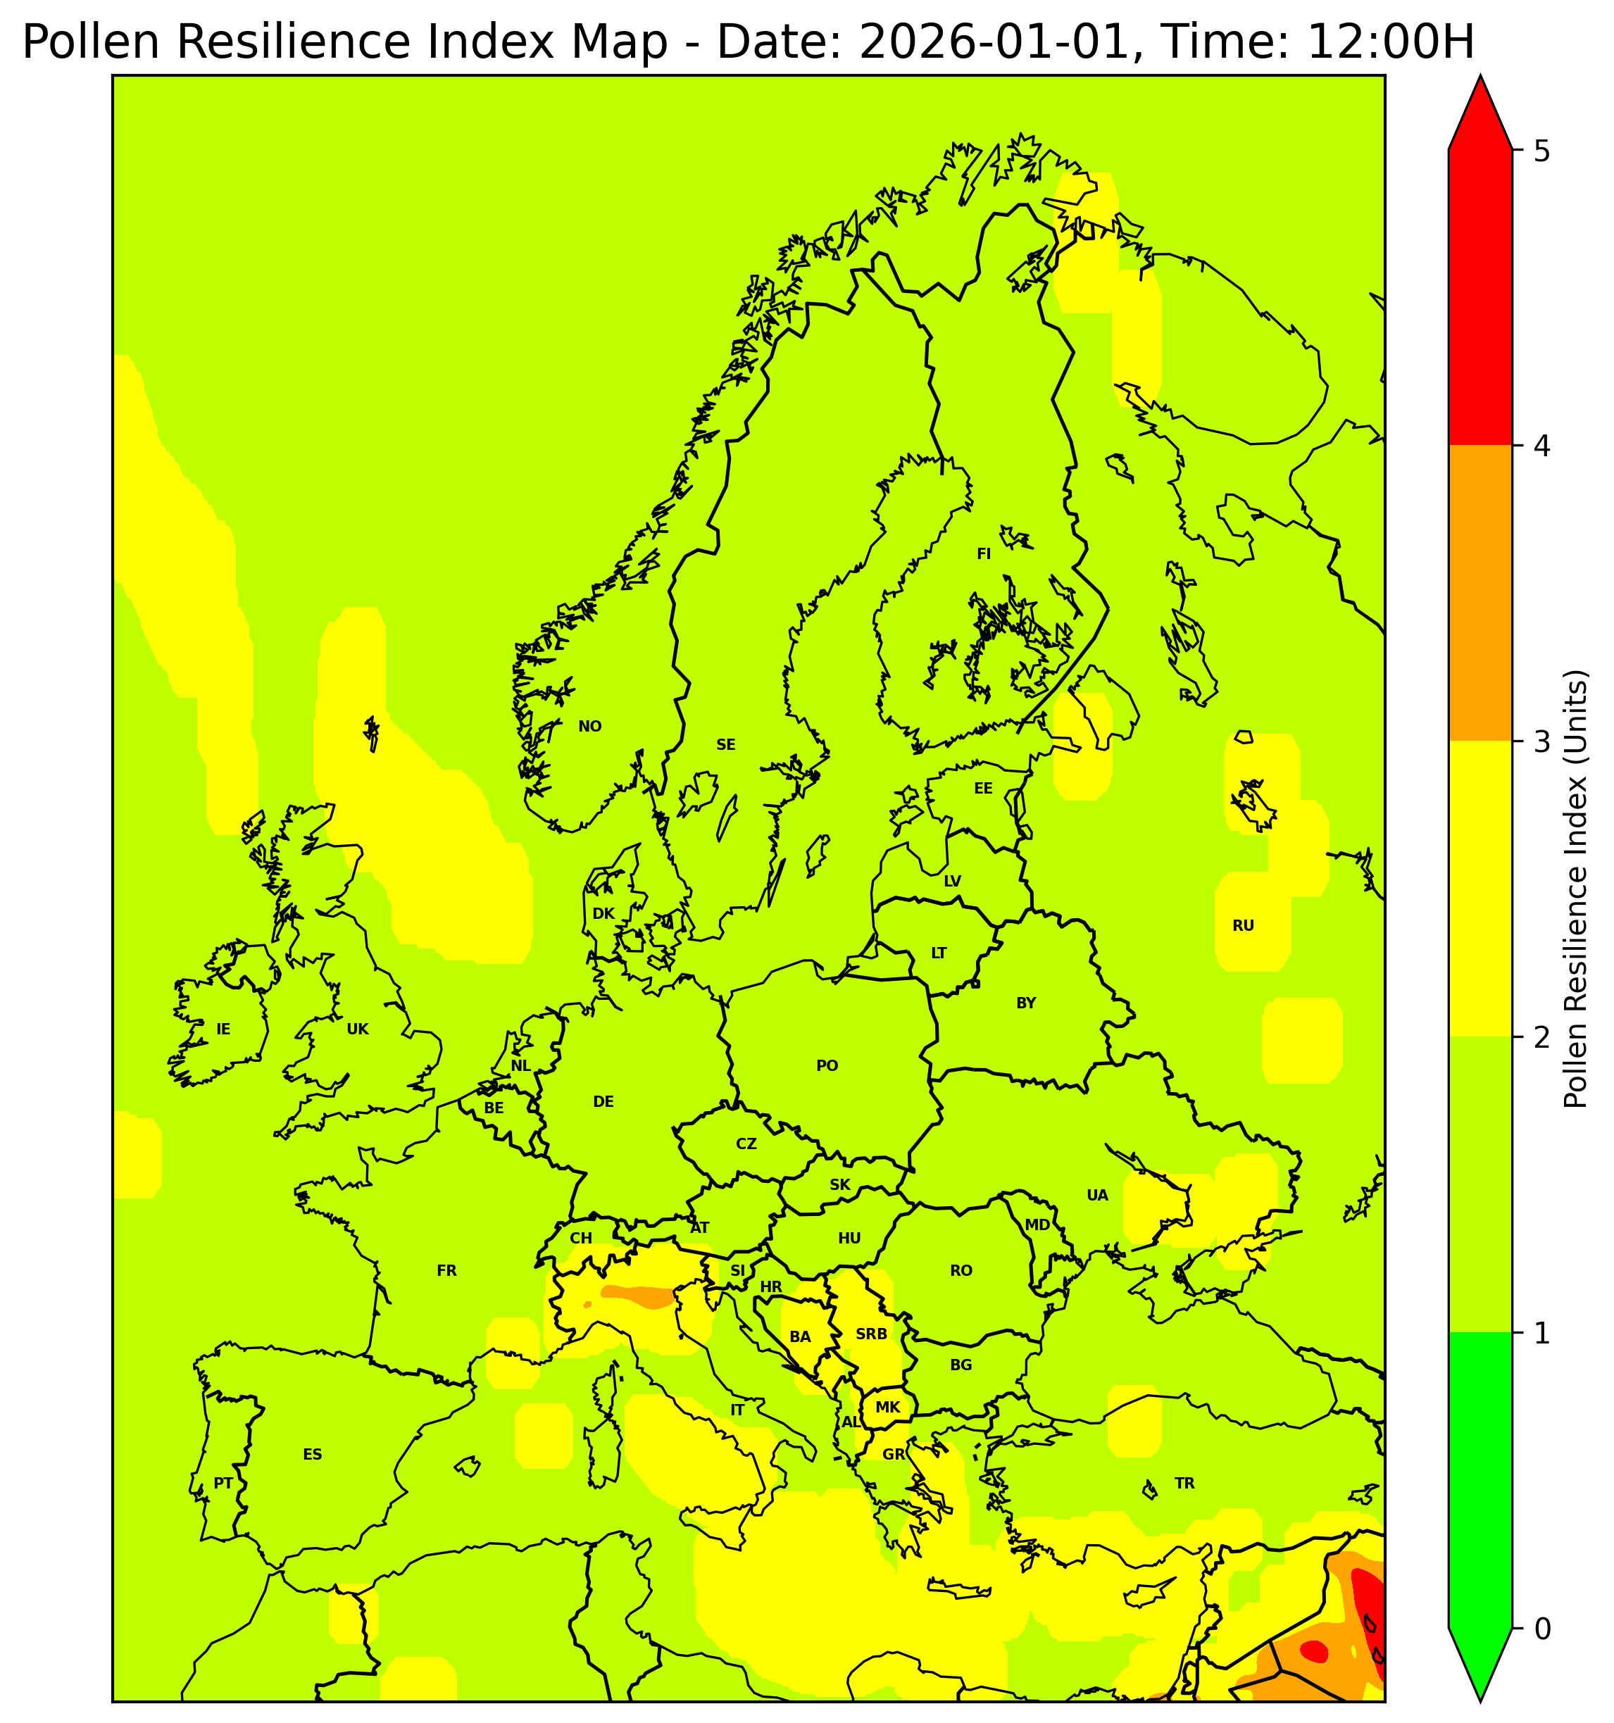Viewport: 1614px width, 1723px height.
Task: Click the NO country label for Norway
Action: (589, 726)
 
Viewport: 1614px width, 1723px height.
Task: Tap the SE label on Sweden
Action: (725, 744)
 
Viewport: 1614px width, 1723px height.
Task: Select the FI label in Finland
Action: (983, 554)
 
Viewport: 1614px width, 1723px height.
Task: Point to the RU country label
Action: (1243, 926)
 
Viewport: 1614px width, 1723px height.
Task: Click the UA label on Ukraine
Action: (1097, 1195)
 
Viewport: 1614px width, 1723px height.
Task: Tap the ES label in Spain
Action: (312, 1454)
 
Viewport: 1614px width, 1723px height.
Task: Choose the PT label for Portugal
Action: (223, 1483)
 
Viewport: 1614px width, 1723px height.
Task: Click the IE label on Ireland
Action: (223, 1029)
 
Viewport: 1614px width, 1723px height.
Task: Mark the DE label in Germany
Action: (603, 1101)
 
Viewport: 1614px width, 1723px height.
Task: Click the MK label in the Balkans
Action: (887, 1408)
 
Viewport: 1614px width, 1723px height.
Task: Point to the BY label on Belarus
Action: (1025, 1003)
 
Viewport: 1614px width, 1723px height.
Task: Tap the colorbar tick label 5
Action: (1541, 151)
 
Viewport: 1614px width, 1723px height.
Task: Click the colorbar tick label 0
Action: (1541, 1629)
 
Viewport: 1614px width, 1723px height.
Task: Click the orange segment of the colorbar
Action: (1479, 594)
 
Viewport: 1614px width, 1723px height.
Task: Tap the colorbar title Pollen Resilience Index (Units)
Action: (1575, 889)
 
